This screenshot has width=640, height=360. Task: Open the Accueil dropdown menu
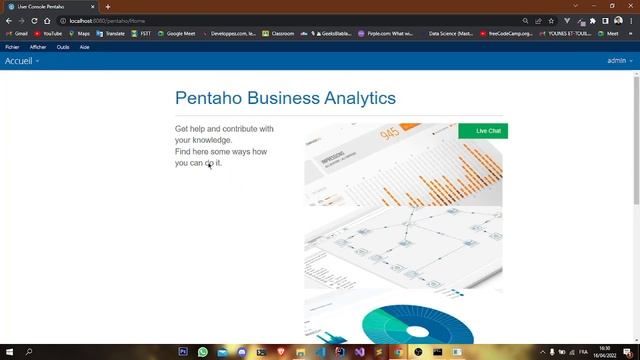(x=22, y=61)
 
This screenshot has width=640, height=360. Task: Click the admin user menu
(x=619, y=61)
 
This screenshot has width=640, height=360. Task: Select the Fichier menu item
(x=12, y=47)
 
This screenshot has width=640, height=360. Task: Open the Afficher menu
(x=38, y=47)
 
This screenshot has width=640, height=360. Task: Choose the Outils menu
(x=63, y=47)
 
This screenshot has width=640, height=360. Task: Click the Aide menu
(x=85, y=47)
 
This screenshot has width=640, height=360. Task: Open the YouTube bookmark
(x=47, y=33)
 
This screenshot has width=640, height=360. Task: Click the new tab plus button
(x=108, y=6)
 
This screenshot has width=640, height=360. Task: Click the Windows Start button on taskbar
(x=8, y=352)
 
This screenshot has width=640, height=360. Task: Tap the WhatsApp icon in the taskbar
(x=203, y=352)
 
